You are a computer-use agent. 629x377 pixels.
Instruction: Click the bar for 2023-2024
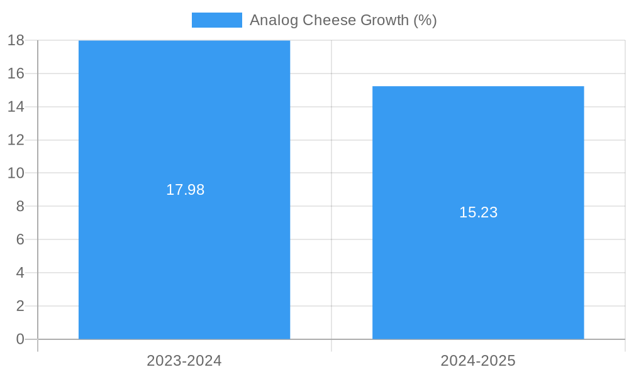[x=184, y=251]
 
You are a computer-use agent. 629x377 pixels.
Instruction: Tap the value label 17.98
[x=185, y=190]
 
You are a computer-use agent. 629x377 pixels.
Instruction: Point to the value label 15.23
[x=478, y=212]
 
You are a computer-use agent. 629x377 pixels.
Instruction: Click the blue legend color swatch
[x=216, y=20]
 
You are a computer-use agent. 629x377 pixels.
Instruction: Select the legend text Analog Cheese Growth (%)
[x=343, y=20]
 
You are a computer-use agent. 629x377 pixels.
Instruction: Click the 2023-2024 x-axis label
[x=184, y=361]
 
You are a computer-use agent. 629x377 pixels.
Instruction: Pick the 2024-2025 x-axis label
[x=478, y=361]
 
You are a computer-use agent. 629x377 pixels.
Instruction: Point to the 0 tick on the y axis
[x=19, y=339]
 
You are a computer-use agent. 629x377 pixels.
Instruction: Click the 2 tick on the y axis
[x=19, y=306]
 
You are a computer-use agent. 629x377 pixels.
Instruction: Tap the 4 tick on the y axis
[x=19, y=273]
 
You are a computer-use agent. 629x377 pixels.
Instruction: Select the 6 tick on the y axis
[x=19, y=239]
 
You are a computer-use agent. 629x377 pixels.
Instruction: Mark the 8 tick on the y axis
[x=19, y=206]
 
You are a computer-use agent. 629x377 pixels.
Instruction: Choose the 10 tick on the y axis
[x=16, y=173]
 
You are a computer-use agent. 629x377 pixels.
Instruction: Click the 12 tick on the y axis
[x=16, y=139]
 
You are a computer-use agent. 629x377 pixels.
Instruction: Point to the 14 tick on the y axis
[x=16, y=107]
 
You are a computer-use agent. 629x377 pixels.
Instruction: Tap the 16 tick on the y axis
[x=16, y=74]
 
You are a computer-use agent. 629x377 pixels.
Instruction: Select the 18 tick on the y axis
[x=16, y=40]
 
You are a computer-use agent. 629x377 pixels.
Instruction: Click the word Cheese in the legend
[x=327, y=20]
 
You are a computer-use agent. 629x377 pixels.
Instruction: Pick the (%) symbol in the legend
[x=425, y=20]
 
